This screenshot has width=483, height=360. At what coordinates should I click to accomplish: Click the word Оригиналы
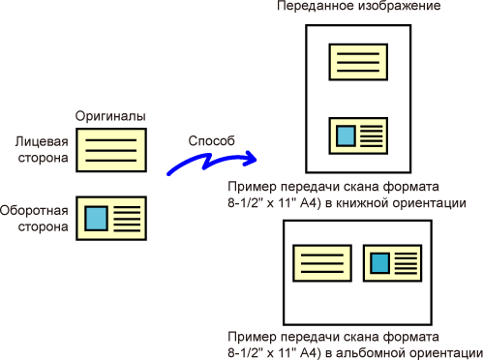(x=110, y=116)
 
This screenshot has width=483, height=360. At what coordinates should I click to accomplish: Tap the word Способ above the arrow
(x=211, y=141)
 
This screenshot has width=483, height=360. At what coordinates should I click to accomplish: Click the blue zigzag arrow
(x=211, y=162)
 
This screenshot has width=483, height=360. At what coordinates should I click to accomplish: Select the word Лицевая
(x=42, y=142)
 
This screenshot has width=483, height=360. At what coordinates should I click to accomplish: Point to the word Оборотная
(x=34, y=211)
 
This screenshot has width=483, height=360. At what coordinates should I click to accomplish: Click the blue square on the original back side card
(x=96, y=219)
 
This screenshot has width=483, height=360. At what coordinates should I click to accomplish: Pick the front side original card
(x=111, y=150)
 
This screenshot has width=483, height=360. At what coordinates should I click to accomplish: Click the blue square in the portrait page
(x=346, y=135)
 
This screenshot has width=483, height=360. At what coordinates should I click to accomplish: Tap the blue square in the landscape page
(x=379, y=263)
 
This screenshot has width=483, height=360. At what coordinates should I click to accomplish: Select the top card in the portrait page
(x=358, y=62)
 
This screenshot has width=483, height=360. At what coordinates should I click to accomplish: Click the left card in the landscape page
(x=322, y=263)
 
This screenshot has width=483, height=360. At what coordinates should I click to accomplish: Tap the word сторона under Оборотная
(x=43, y=226)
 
